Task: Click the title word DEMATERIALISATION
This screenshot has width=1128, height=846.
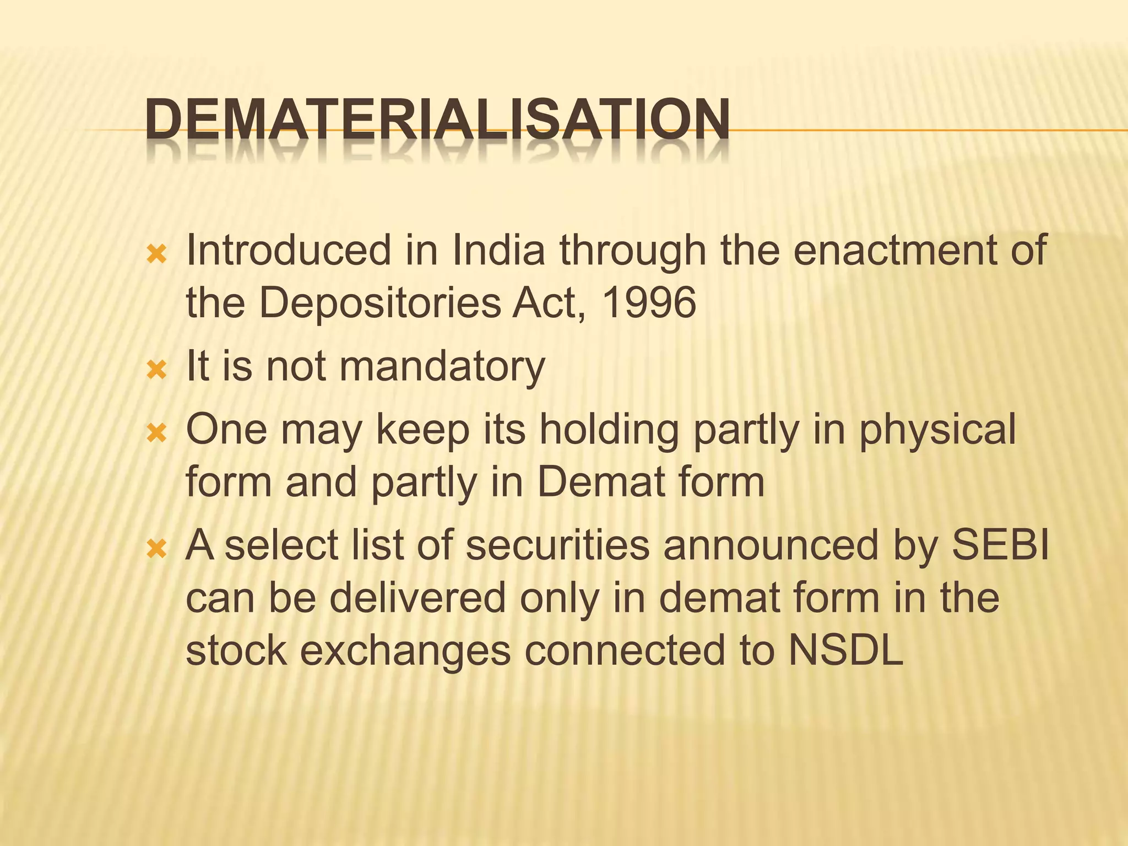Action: [x=438, y=120]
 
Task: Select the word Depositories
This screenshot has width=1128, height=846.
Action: [x=379, y=303]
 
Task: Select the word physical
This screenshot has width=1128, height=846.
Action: [x=937, y=430]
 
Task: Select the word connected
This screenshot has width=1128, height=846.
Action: [x=625, y=650]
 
